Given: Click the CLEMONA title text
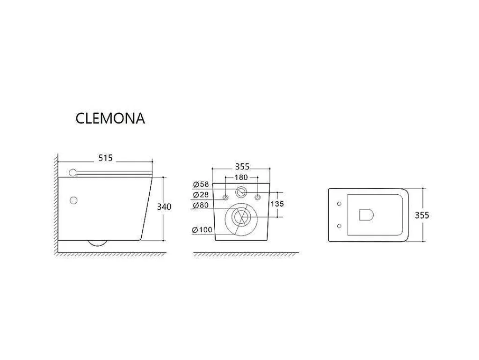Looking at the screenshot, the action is [110, 118].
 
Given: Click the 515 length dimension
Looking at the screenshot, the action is [105, 158].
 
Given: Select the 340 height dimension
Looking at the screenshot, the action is [164, 207].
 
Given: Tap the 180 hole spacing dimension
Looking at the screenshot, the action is [241, 177].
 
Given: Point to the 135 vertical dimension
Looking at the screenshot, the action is [277, 204].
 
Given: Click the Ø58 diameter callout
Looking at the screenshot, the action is [201, 184].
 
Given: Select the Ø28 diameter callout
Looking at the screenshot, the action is [201, 195].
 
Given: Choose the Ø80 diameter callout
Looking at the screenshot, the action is [201, 205].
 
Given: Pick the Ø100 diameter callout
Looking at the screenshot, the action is [202, 230].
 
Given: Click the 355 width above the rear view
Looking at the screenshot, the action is [242, 167].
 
